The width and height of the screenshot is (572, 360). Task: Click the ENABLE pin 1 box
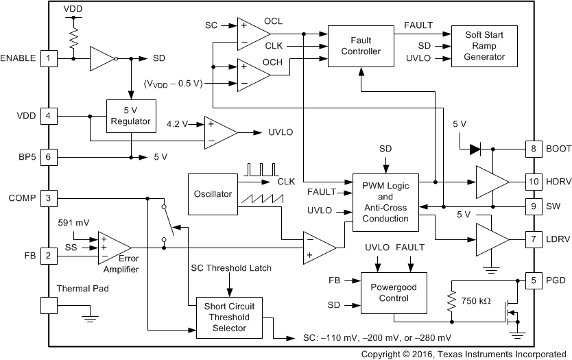click(x=48, y=58)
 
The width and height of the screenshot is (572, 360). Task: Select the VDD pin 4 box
click(x=48, y=115)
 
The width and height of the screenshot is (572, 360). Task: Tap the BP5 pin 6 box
click(x=48, y=156)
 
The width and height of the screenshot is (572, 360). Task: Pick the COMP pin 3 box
click(x=48, y=199)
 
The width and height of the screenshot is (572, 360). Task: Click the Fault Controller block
click(x=361, y=46)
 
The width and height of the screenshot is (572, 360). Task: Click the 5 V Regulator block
click(x=131, y=115)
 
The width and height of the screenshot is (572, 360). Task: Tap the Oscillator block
click(x=213, y=194)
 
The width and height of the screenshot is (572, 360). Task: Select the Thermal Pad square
click(x=48, y=306)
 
